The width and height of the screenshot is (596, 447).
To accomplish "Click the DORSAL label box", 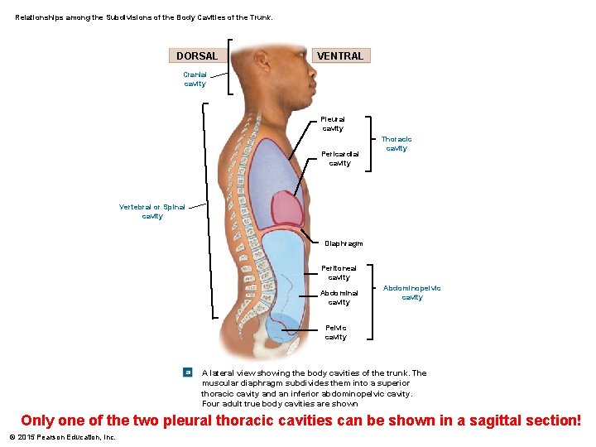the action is point(197,56).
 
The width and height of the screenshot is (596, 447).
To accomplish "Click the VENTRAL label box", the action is point(340,56).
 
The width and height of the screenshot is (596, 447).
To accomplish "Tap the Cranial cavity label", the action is point(195,79).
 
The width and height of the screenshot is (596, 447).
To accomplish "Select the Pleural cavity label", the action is point(333,123).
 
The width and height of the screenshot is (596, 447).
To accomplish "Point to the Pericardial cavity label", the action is point(339,158).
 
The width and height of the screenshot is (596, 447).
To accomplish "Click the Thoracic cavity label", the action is point(397,144).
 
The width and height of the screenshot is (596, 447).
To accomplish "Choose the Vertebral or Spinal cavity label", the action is point(152,211).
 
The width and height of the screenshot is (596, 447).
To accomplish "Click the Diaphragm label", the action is point(344,243).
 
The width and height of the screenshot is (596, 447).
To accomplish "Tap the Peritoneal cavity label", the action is point(339,272).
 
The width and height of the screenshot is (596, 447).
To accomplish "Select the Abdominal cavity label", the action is point(339,297).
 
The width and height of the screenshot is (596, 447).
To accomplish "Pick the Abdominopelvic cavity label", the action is point(411,292).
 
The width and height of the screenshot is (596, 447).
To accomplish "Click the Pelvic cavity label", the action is point(336,332).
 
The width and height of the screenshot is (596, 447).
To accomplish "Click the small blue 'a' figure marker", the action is point(188,373).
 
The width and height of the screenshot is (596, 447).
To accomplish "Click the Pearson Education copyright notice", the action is point(62,437).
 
